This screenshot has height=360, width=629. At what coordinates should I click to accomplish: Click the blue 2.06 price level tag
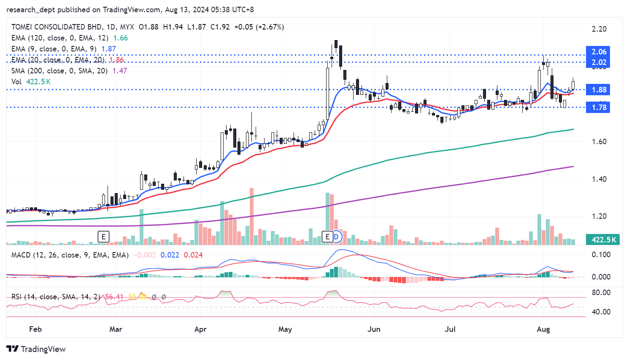598,52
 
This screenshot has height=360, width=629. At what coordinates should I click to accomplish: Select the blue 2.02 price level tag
598,62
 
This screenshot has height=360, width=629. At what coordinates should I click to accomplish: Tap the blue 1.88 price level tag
598,90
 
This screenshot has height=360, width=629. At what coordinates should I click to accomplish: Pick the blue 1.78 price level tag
598,107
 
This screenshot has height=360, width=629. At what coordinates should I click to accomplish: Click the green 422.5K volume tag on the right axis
604,239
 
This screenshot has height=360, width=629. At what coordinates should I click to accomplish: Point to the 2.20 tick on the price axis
599,29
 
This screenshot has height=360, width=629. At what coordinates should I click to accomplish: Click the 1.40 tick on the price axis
599,179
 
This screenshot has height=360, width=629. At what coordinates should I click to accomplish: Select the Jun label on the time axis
374,329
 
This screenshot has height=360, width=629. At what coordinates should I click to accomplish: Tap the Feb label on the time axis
35,329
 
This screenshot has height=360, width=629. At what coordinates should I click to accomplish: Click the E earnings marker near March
103,237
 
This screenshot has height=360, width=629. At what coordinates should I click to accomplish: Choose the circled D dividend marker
336,237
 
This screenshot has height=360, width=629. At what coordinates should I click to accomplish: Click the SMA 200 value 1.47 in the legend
120,71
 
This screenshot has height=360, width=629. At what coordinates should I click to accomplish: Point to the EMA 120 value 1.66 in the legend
121,38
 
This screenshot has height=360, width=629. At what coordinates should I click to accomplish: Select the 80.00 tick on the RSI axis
601,293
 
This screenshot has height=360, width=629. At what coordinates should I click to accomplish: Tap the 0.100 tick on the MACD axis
601,255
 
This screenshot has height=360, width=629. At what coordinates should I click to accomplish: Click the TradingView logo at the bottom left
36,349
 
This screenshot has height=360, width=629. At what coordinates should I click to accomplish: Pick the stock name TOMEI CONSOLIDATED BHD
57,27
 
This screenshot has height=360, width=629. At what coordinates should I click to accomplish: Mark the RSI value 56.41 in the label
114,297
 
